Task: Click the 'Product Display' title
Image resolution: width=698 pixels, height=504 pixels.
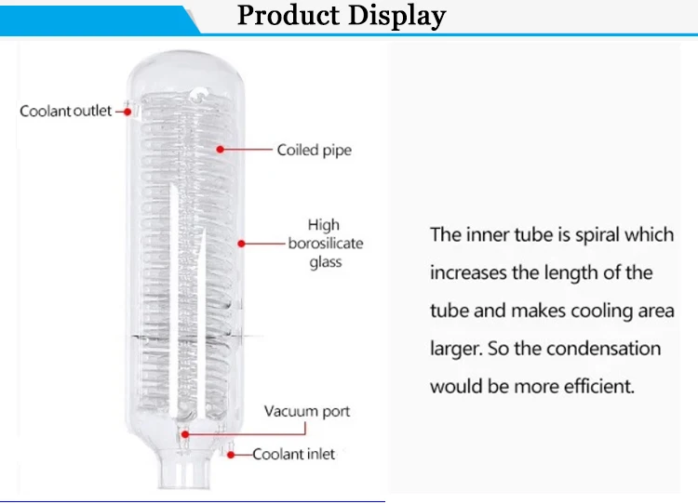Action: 342,17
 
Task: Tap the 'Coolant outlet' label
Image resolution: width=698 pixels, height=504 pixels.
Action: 65,112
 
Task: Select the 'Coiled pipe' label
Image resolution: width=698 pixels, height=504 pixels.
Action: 314,150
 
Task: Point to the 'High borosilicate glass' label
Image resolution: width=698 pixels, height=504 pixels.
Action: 325,243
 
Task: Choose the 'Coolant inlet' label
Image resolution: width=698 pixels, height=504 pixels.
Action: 294,455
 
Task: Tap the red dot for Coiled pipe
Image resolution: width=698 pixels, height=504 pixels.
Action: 221,148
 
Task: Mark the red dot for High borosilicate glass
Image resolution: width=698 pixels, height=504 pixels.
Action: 242,244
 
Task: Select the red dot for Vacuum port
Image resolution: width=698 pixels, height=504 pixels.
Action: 186,432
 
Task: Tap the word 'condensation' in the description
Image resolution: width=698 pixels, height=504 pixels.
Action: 604,349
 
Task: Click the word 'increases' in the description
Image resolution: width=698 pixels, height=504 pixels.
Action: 469,273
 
